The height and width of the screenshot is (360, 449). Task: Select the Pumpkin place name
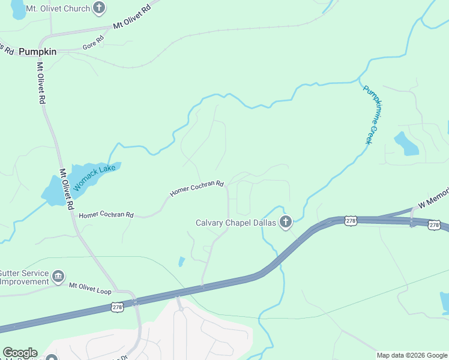tap(37, 52)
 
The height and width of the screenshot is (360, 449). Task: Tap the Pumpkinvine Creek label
tap(372, 114)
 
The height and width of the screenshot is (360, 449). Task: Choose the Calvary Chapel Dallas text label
tap(236, 223)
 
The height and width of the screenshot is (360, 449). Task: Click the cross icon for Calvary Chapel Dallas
tap(286, 223)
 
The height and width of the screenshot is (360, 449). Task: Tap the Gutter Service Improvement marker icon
tap(58, 277)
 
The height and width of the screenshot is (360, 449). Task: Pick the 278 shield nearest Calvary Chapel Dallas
tap(351, 221)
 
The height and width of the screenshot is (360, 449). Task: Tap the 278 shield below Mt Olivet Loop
tap(118, 307)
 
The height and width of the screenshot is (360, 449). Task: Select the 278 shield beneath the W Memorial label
tap(434, 225)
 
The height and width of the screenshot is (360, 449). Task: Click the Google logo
tap(20, 353)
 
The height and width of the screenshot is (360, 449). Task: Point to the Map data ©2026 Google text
tap(412, 355)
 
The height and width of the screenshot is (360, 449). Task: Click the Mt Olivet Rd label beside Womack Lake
tap(66, 189)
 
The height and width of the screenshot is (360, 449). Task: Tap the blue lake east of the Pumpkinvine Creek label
tap(406, 144)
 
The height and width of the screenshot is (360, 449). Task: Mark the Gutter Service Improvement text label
tap(24, 277)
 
